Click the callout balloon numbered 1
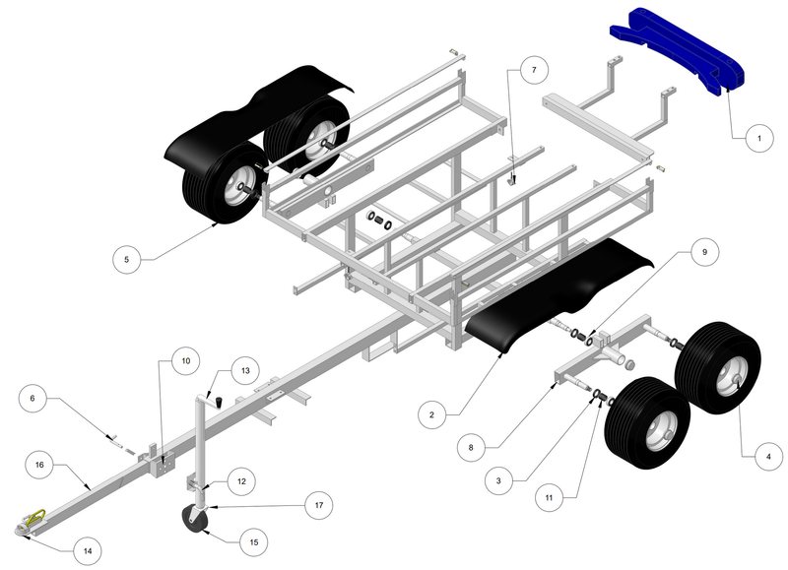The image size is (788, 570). pyautogui.click(x=759, y=139)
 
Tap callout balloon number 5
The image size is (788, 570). pyautogui.click(x=126, y=260)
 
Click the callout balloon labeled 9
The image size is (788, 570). pyautogui.click(x=703, y=253)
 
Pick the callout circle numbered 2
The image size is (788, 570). pyautogui.click(x=429, y=415)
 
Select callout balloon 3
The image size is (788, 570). pyautogui.click(x=499, y=480)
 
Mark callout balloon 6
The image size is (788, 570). pyautogui.click(x=32, y=398)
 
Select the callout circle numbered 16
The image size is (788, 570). pyautogui.click(x=39, y=464)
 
